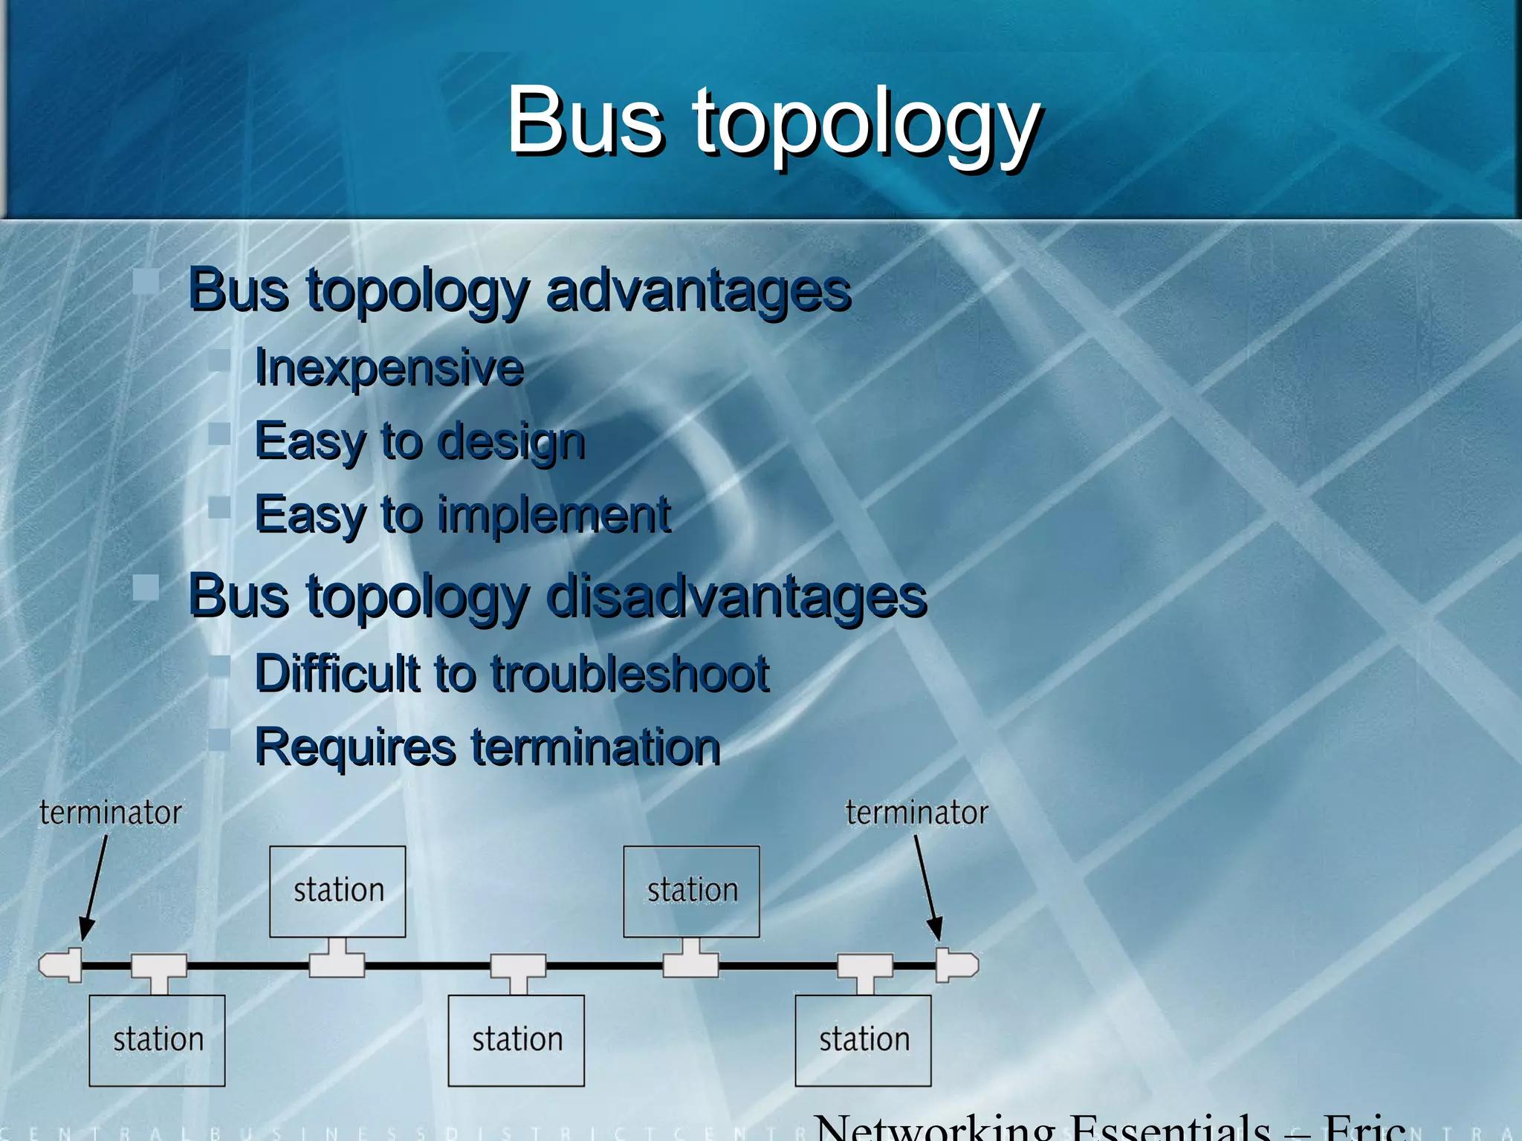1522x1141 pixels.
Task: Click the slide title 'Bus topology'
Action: click(x=773, y=123)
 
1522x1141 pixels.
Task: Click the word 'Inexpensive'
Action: click(x=389, y=368)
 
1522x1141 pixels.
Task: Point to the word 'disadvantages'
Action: click(x=736, y=596)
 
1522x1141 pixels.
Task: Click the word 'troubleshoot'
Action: click(x=630, y=674)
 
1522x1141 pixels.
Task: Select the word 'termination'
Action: click(x=596, y=747)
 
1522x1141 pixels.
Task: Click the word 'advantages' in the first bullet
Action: click(x=699, y=290)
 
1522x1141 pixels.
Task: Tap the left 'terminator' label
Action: click(x=110, y=813)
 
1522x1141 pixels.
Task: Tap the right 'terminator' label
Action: click(x=916, y=813)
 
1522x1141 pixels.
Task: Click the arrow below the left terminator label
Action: click(x=94, y=888)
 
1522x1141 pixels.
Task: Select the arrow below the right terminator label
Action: click(x=927, y=888)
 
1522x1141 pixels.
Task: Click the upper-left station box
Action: click(x=337, y=891)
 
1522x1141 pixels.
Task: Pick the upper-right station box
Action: click(x=691, y=891)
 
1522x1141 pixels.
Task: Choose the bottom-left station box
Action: click(x=157, y=1040)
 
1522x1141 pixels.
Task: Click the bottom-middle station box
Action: click(x=516, y=1040)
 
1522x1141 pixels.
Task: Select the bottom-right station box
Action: click(x=863, y=1040)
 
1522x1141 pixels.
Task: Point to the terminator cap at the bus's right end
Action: click(x=956, y=965)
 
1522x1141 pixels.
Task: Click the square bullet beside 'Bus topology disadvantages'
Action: click(x=146, y=588)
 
